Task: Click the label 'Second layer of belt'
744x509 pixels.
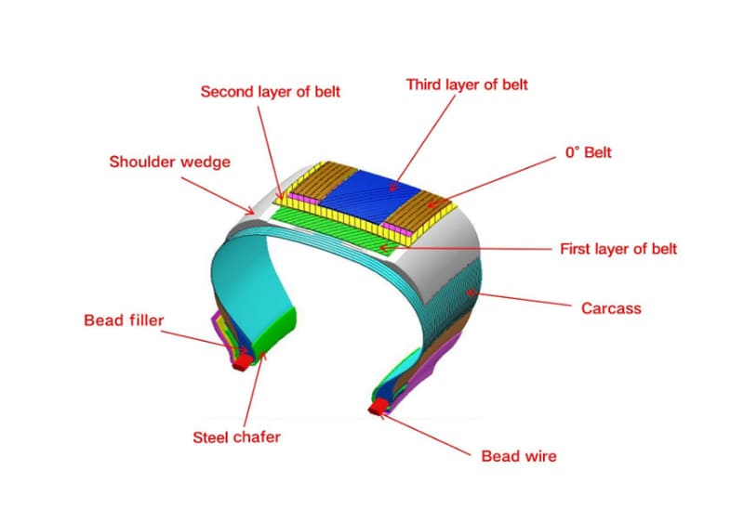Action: pos(271,92)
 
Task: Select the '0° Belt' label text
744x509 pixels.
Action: pos(588,152)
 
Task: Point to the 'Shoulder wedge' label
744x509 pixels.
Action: pos(169,162)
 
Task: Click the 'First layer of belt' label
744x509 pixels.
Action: pos(618,249)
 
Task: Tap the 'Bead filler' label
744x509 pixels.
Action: pos(123,321)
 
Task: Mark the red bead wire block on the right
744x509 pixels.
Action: pos(379,407)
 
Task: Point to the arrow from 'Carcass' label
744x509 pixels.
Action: pos(521,297)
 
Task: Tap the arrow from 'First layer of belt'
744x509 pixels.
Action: pos(474,248)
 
